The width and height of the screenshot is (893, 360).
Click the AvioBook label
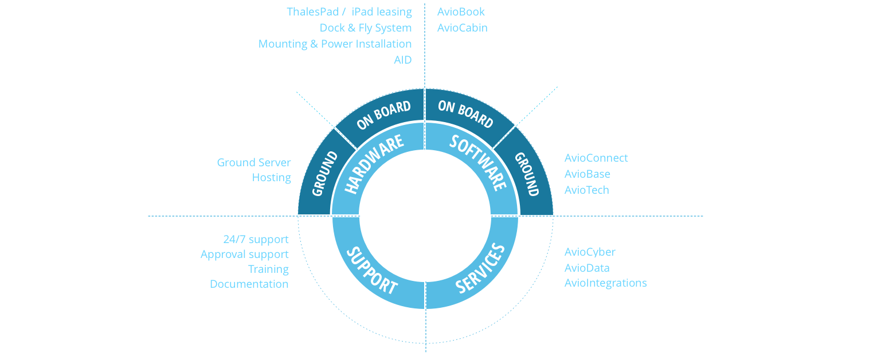pyautogui.click(x=461, y=12)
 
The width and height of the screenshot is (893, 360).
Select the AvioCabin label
pyautogui.click(x=463, y=28)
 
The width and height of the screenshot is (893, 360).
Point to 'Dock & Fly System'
pyautogui.click(x=366, y=28)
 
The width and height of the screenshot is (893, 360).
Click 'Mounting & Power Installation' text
pyautogui.click(x=335, y=44)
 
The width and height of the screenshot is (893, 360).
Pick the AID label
pyautogui.click(x=402, y=60)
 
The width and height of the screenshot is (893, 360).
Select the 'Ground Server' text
pyautogui.click(x=254, y=163)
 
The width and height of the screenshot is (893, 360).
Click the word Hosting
pyautogui.click(x=272, y=178)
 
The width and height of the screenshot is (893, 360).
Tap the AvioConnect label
pyautogui.click(x=596, y=158)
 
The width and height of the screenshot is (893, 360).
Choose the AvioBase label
pyautogui.click(x=587, y=174)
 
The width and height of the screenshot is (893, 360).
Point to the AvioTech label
pyautogui.click(x=587, y=190)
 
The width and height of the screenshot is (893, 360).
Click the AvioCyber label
pyautogui.click(x=590, y=252)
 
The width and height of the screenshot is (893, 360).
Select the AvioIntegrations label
pyautogui.click(x=606, y=283)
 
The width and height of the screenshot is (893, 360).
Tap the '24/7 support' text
pyautogui.click(x=256, y=240)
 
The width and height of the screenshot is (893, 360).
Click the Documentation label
pyautogui.click(x=249, y=284)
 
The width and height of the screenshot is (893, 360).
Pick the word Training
pyautogui.click(x=268, y=269)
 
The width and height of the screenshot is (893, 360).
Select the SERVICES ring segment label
pyautogui.click(x=480, y=268)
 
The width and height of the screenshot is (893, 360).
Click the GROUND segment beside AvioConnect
pyautogui.click(x=527, y=174)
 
